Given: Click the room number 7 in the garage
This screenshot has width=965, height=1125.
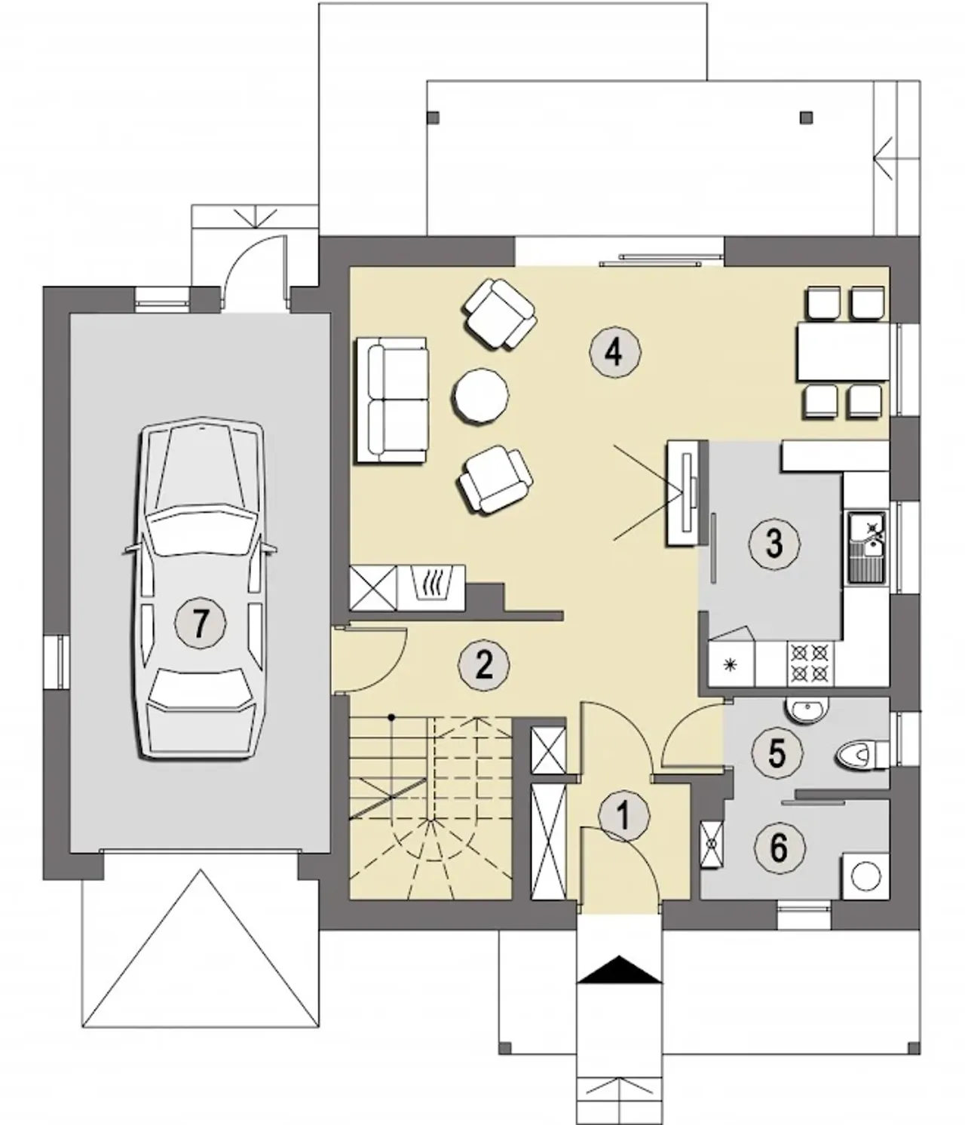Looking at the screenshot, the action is tap(201, 623).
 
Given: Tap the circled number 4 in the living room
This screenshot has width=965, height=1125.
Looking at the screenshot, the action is tap(615, 353).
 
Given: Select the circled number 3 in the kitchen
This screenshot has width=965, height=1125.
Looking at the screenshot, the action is tap(774, 544).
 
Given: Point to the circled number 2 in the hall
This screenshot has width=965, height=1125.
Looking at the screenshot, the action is tap(484, 664).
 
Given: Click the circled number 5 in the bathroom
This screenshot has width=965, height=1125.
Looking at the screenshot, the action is tap(777, 753).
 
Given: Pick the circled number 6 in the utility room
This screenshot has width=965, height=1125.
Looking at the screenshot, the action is tap(780, 848).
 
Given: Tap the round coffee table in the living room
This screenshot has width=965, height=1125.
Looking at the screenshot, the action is tap(480, 395).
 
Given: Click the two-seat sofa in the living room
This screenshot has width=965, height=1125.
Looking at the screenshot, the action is tap(391, 400).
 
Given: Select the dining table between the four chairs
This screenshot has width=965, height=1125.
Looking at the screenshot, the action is tap(844, 351).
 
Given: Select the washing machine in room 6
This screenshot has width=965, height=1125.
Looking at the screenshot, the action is tap(865, 876).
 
